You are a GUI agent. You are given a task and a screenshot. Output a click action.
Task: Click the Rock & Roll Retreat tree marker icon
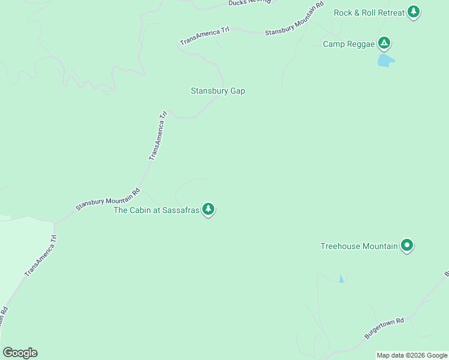tap(413, 11)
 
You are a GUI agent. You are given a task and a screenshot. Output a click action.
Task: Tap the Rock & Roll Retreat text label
tap(369, 12)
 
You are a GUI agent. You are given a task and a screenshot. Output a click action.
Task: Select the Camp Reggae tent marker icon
tap(384, 43)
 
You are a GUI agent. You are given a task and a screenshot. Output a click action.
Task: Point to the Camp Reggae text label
tap(348, 44)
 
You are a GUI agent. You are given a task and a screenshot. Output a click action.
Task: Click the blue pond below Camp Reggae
tap(385, 61)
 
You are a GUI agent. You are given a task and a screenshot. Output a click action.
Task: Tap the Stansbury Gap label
tap(218, 91)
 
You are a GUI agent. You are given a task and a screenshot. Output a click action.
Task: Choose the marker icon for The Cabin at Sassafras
tap(208, 209)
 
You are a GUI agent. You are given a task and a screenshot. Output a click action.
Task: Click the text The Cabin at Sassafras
tap(156, 210)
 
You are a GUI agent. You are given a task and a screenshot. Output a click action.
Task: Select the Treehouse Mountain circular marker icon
tap(407, 245)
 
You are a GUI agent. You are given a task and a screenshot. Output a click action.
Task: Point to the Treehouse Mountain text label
tap(359, 246)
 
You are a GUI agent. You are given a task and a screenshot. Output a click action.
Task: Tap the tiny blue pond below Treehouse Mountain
tap(342, 279)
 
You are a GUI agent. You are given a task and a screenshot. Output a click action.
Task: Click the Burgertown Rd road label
tap(384, 329)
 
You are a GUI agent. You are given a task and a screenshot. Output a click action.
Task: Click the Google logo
tap(20, 353)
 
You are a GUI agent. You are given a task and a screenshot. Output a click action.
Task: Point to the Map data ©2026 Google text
tap(412, 355)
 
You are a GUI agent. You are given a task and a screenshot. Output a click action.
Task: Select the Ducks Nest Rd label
tap(250, 2)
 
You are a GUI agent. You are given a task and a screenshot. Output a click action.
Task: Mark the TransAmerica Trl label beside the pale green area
tap(41, 256)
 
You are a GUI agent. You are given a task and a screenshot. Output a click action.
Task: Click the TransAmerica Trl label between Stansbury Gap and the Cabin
tap(157, 136)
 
